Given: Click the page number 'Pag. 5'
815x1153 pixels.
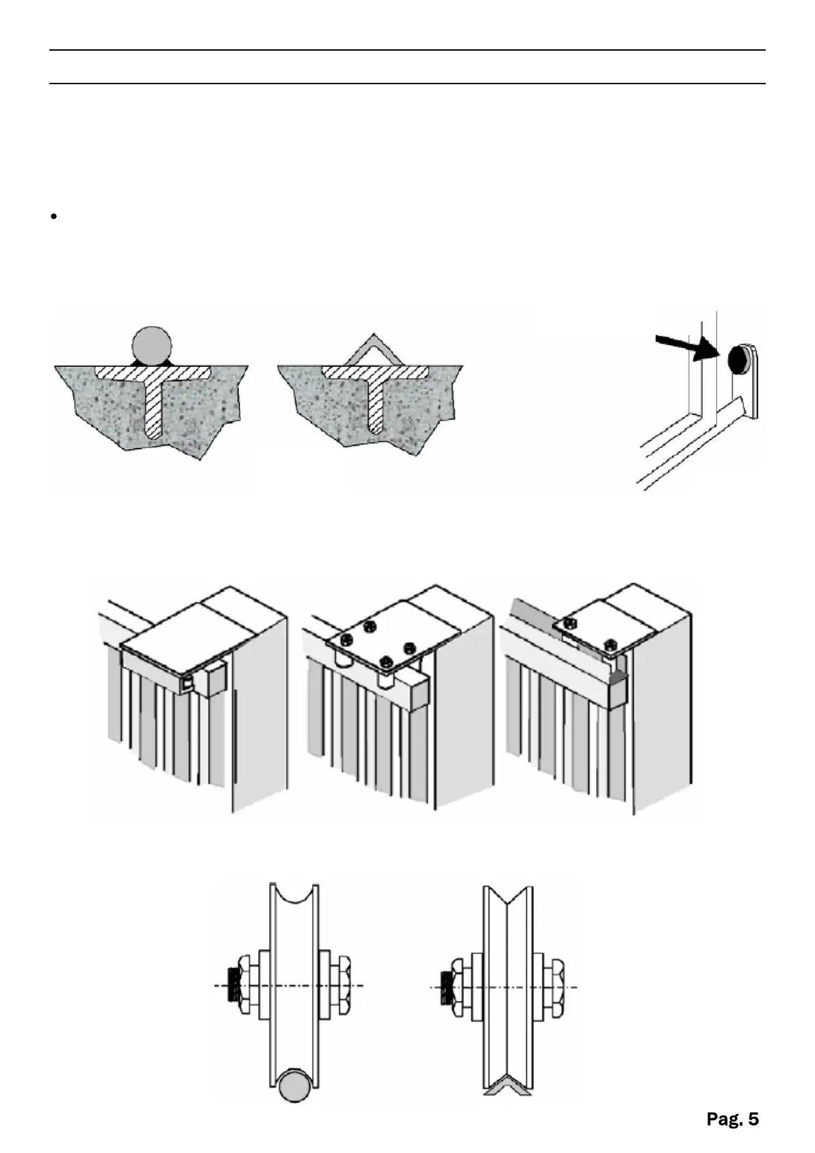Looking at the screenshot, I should point(732,1119).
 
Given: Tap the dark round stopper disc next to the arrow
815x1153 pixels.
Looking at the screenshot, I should point(739,358).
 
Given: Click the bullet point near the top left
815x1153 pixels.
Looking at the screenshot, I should point(53,217).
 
